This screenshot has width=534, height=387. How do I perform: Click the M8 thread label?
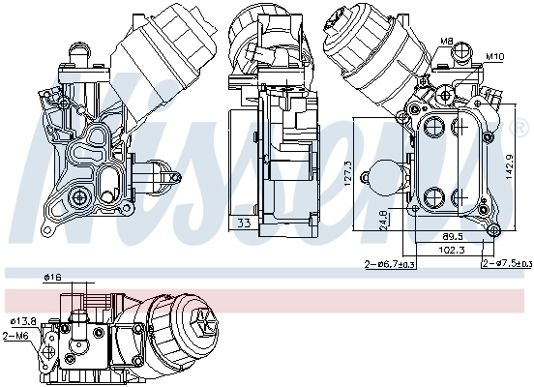[x=447, y=41]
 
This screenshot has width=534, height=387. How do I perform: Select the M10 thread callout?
[x=494, y=56]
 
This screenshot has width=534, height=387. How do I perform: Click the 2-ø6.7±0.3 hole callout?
[x=389, y=264]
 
